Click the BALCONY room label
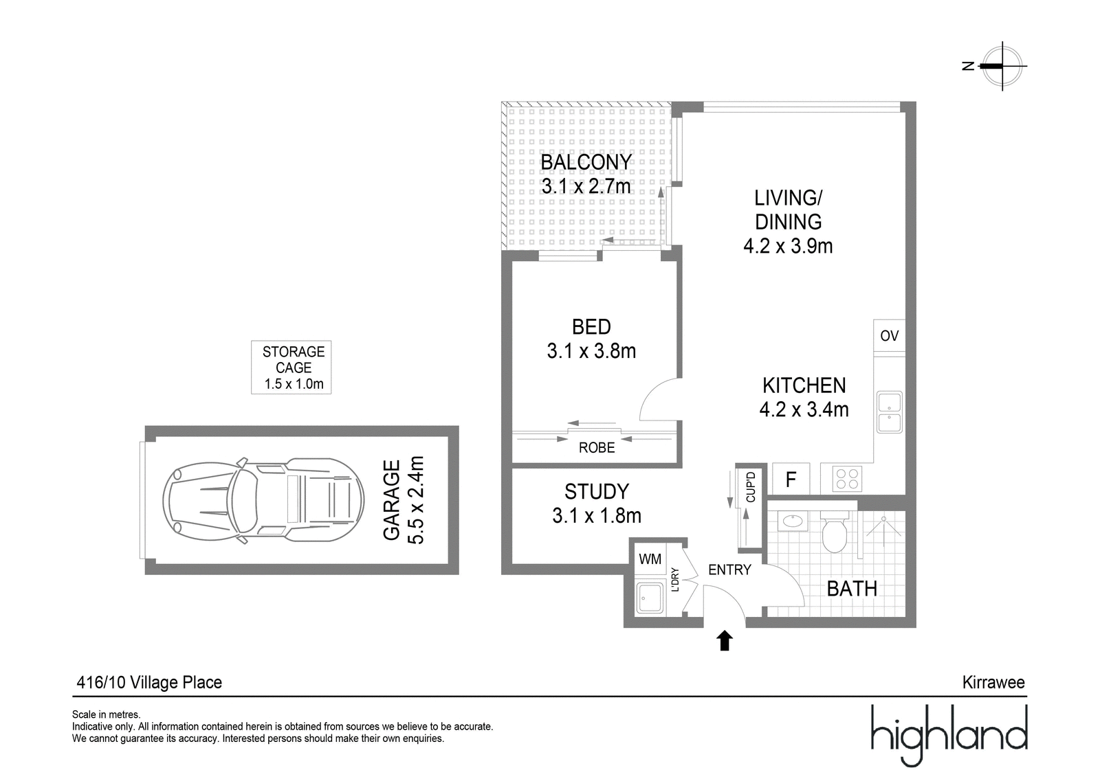point(586,162)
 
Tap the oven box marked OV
point(889,336)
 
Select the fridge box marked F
point(791,479)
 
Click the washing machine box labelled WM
point(650,559)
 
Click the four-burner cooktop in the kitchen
point(847,479)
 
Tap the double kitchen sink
point(890,412)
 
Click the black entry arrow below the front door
point(725,641)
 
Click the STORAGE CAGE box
point(291,367)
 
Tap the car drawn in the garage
point(263,500)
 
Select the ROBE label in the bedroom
point(597,448)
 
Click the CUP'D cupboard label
point(750,487)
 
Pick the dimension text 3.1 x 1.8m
point(597,516)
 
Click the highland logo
point(949,735)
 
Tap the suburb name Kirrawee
point(993,682)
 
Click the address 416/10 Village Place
point(149,683)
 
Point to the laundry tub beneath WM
point(650,598)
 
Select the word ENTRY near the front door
point(729,570)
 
